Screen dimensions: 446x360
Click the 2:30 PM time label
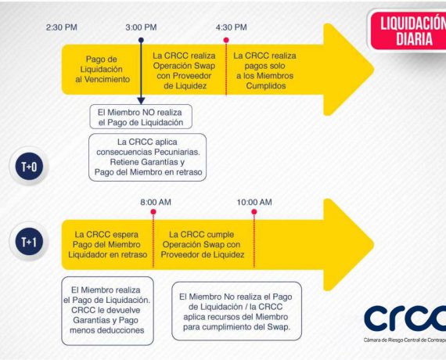tap(62, 27)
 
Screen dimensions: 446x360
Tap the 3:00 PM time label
tap(141, 27)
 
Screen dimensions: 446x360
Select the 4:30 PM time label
tap(232, 27)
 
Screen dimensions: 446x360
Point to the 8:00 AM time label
tap(156, 202)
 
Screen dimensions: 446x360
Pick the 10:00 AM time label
tap(254, 202)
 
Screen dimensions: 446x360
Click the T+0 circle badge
tap(29, 167)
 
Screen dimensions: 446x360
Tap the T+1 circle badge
tap(29, 242)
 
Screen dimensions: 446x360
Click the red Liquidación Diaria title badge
tap(409, 31)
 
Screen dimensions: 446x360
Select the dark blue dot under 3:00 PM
tap(141, 40)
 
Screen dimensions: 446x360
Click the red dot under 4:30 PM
tap(226, 40)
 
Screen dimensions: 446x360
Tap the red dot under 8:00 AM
tap(153, 212)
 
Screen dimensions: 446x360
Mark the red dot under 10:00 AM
tap(254, 212)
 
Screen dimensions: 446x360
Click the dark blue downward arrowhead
tap(141, 100)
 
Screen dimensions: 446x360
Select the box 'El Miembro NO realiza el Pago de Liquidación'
tap(141, 117)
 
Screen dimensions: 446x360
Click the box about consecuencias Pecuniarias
tap(147, 157)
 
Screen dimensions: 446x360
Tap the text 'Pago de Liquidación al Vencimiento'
tap(102, 69)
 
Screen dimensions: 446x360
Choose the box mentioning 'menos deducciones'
tap(107, 311)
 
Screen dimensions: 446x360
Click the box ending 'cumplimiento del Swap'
tap(236, 311)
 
